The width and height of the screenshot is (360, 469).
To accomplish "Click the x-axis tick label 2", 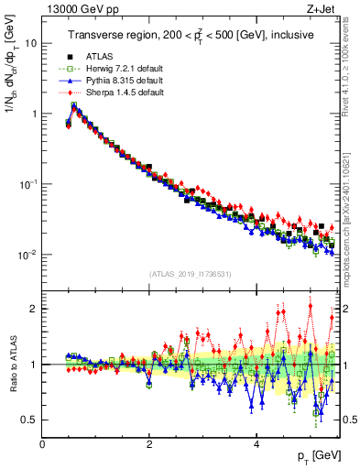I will (149, 444).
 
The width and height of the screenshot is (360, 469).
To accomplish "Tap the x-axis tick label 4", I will (256, 444).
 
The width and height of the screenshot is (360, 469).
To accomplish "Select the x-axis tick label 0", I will (42, 444).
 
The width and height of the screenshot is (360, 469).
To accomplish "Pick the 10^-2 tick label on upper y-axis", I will (27, 254).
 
